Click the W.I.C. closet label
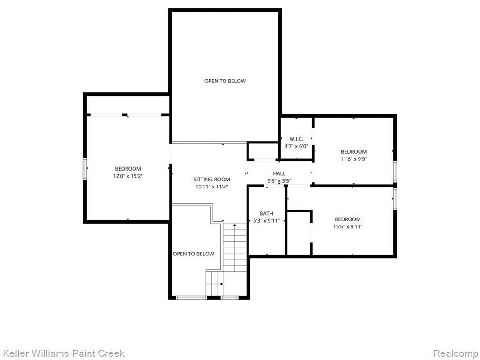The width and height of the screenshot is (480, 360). tap(296, 139)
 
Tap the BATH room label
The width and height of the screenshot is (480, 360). tap(266, 213)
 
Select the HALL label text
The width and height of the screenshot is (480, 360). tap(279, 173)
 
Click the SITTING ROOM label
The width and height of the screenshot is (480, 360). tap(211, 180)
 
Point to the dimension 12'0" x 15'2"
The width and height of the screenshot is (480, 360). tap(128, 176)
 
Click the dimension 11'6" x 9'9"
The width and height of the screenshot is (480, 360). tap(353, 159)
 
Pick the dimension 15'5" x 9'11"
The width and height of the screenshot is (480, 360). tap(348, 226)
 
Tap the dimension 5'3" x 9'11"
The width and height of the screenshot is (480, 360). tap(266, 220)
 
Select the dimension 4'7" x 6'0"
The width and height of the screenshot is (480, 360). tap(296, 146)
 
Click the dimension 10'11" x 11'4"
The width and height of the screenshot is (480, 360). tap(212, 187)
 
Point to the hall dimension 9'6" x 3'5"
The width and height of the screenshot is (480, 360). tap(279, 181)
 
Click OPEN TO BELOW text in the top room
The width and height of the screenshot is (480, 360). tap(225, 81)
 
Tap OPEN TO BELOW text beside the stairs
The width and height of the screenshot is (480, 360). tap(194, 254)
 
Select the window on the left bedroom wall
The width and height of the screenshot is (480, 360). tap(85, 169)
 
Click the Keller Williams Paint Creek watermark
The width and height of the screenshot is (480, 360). tap(63, 353)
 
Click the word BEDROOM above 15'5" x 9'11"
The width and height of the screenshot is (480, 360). tap(348, 219)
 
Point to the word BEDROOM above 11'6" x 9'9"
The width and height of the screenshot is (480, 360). tap(353, 151)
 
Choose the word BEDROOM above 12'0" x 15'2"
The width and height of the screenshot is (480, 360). tap(128, 169)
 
